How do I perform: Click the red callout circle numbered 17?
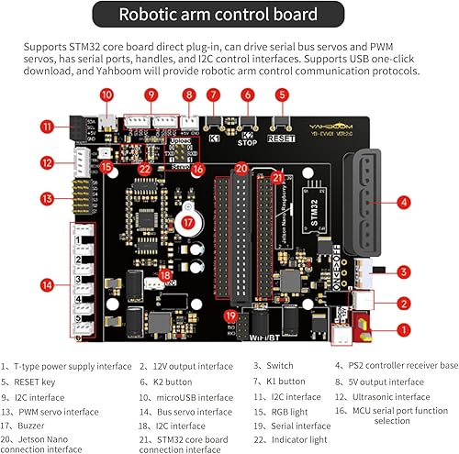pyautogui.click(x=187, y=221)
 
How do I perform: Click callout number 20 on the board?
pyautogui.click(x=241, y=168)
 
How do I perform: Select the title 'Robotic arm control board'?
pyautogui.click(x=229, y=15)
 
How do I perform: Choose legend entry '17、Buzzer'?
pyautogui.click(x=32, y=426)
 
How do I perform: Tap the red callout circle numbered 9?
pyautogui.click(x=151, y=94)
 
